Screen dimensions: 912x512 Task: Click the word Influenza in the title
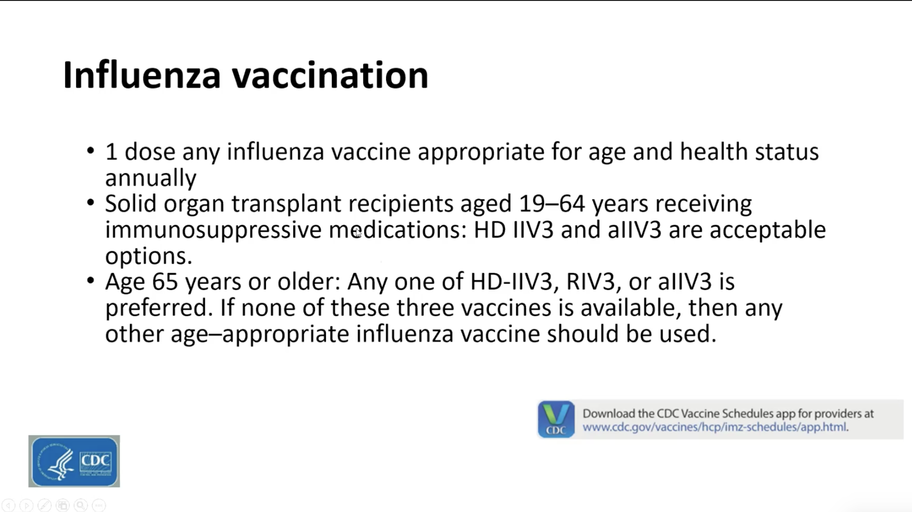[x=142, y=75]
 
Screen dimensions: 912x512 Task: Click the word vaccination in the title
[x=330, y=75]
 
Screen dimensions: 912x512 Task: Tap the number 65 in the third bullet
[x=165, y=282]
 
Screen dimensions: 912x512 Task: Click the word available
[x=631, y=308]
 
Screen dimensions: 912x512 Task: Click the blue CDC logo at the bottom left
[x=74, y=461]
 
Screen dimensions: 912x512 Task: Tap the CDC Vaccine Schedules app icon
[x=556, y=419]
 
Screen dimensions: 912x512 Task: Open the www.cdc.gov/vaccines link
[x=715, y=427]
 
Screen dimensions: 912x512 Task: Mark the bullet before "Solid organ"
[x=90, y=203]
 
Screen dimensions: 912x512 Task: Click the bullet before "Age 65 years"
[x=90, y=281]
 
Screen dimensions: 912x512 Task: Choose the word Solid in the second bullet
[x=131, y=204]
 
